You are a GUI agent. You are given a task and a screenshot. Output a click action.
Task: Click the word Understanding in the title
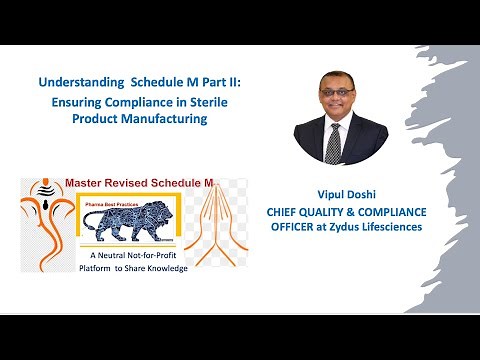click(73, 84)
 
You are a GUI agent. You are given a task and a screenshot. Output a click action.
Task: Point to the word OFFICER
click(297, 227)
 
